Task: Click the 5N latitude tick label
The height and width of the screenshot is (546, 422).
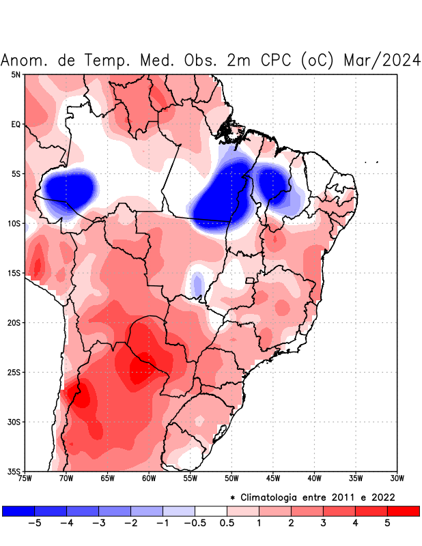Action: click(x=16, y=74)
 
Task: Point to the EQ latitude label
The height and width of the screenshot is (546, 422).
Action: click(x=16, y=124)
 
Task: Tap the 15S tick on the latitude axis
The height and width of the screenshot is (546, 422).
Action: click(x=14, y=273)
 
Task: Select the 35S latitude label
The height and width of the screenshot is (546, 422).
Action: click(x=14, y=471)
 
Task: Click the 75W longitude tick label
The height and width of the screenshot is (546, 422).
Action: click(x=25, y=478)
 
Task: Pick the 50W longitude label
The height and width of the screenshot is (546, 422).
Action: click(x=231, y=478)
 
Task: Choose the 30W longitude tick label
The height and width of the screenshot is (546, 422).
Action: click(x=397, y=478)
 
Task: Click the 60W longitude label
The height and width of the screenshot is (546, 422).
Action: click(x=149, y=478)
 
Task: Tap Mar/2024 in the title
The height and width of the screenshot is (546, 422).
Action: click(x=382, y=60)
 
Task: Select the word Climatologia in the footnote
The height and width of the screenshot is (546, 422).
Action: click(x=282, y=497)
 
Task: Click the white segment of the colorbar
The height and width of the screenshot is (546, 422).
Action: click(x=211, y=511)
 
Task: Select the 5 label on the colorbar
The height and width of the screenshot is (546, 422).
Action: click(x=386, y=523)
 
